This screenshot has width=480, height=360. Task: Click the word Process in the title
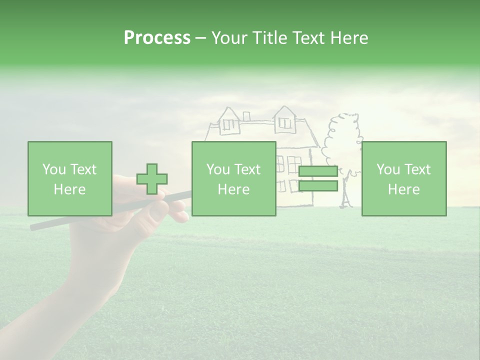pyautogui.click(x=157, y=38)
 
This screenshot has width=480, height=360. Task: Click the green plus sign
pyautogui.click(x=152, y=179)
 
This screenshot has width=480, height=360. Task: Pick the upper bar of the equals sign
pyautogui.click(x=318, y=171)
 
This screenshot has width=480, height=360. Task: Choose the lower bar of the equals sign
pyautogui.click(x=318, y=186)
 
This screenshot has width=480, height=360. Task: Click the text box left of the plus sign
pyautogui.click(x=69, y=178)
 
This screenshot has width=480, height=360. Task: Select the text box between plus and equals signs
pyautogui.click(x=233, y=178)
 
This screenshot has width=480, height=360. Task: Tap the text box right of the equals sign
pyautogui.click(x=404, y=178)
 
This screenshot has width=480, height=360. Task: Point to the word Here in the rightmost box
pyautogui.click(x=403, y=189)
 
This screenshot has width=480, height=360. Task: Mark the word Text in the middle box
pyautogui.click(x=247, y=169)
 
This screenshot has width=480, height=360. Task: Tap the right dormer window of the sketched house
pyautogui.click(x=285, y=121)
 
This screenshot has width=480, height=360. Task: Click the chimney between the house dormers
pyautogui.click(x=246, y=116)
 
